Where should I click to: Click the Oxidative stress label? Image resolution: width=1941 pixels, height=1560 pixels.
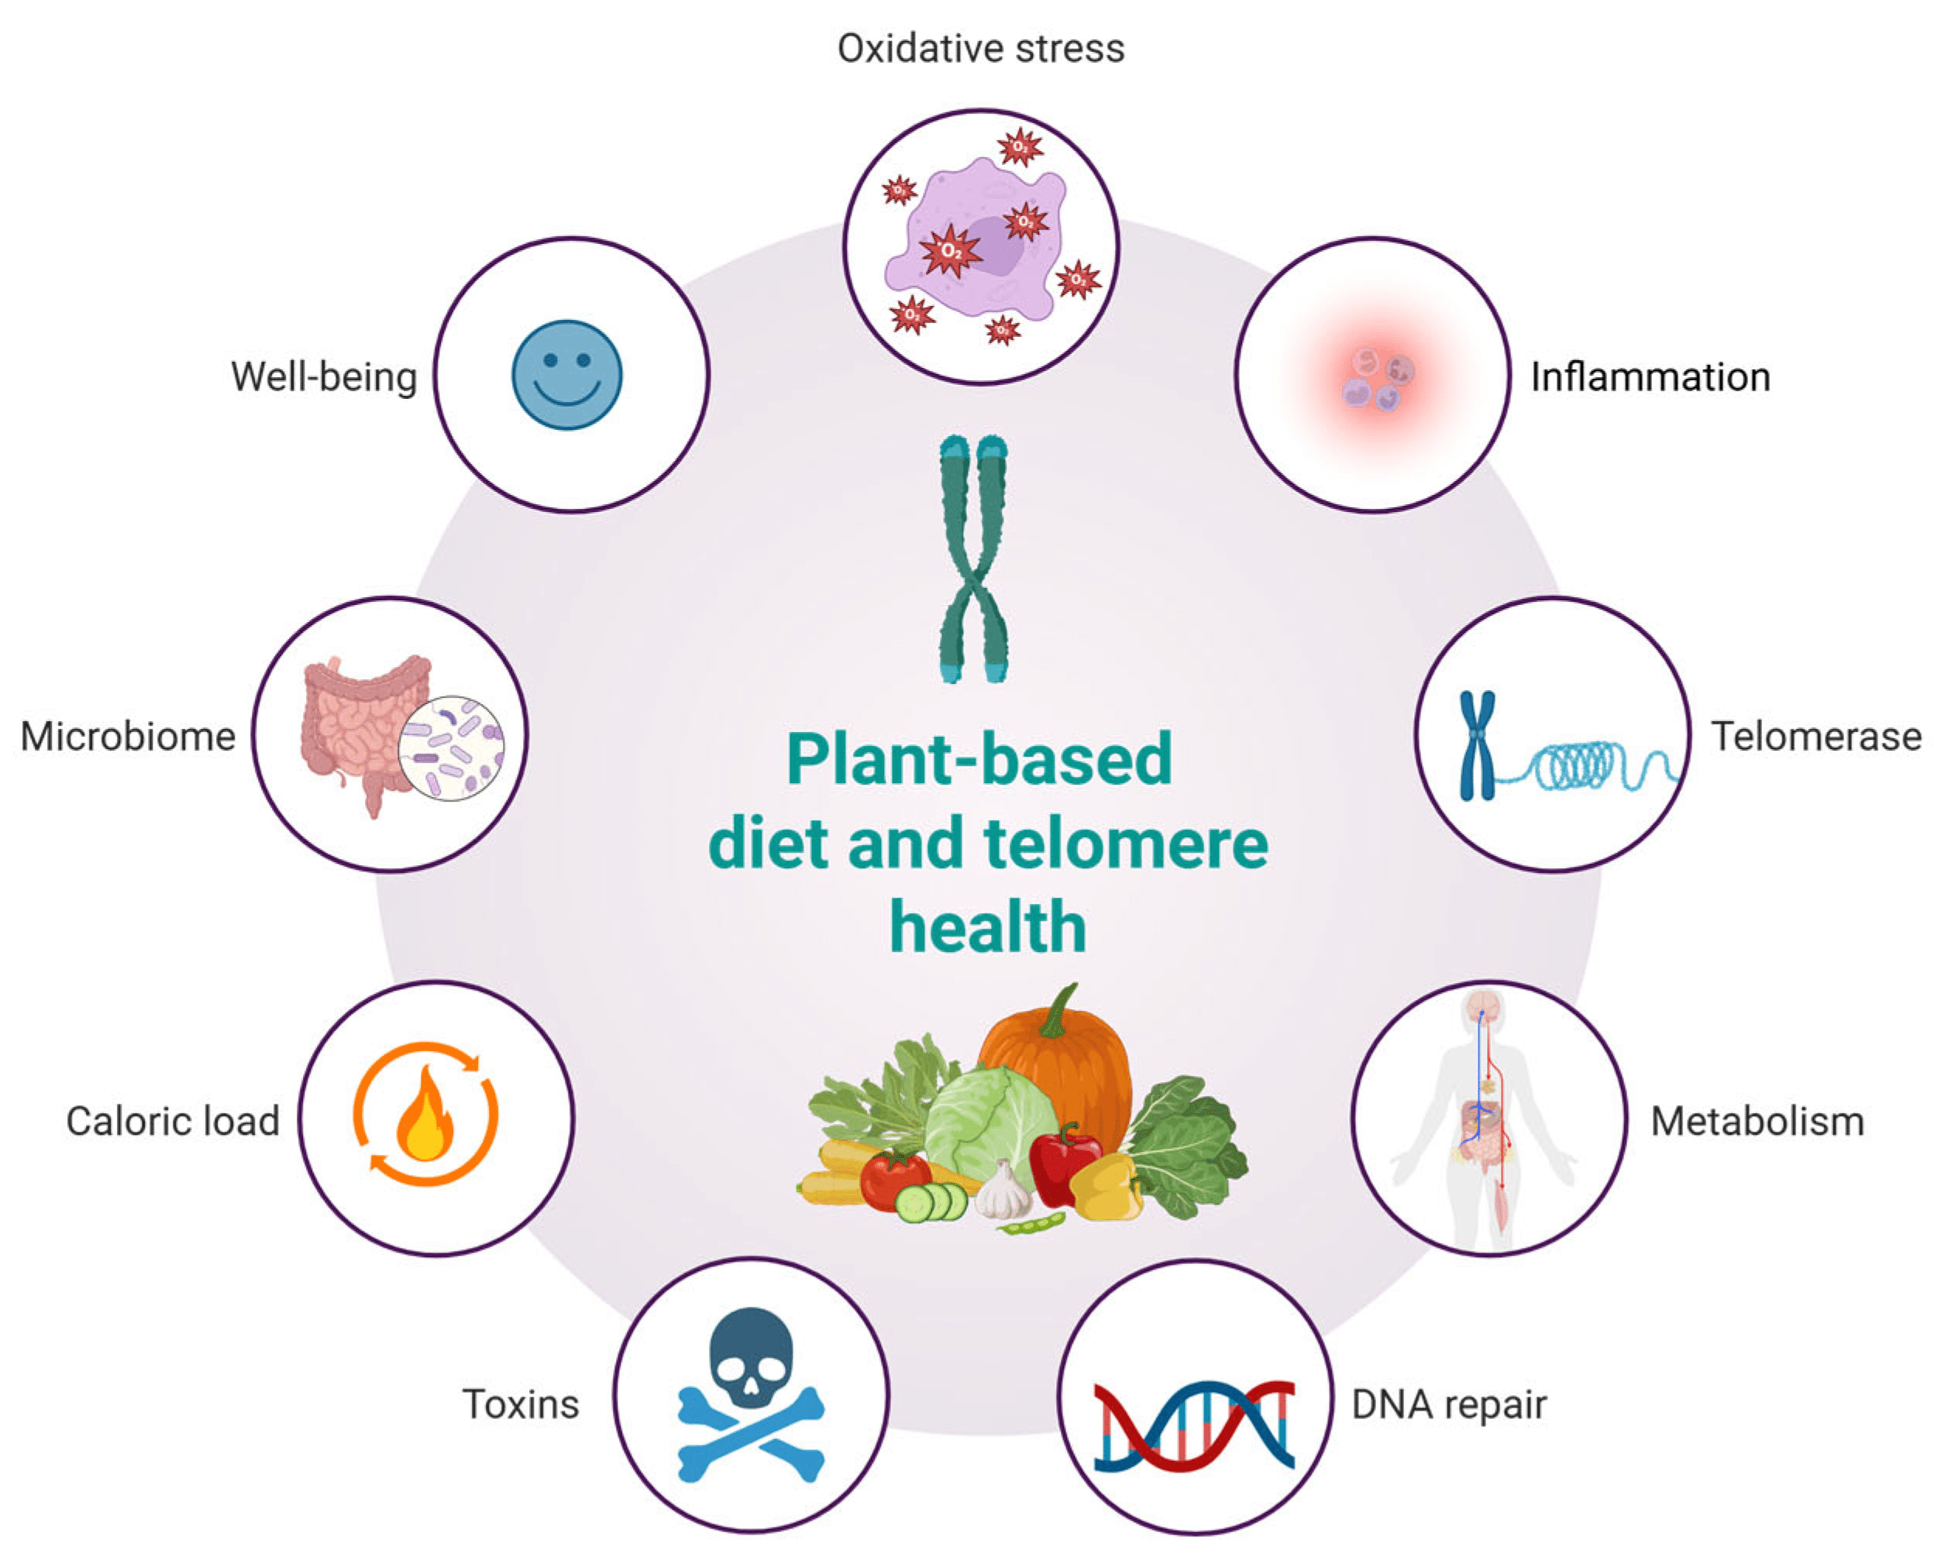pyautogui.click(x=980, y=49)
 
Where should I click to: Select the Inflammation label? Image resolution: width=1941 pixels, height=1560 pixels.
pyautogui.click(x=1650, y=377)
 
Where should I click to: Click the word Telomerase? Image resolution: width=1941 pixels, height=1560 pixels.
pyautogui.click(x=1815, y=737)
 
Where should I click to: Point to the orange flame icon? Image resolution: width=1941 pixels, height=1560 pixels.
pyautogui.click(x=425, y=1116)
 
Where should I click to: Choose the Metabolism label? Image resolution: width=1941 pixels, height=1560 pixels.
pyautogui.click(x=1757, y=1122)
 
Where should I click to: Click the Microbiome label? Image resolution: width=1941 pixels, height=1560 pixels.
pyautogui.click(x=128, y=737)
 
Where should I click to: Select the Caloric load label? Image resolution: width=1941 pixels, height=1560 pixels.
pyautogui.click(x=172, y=1122)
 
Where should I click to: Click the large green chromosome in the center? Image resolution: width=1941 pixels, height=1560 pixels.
pyautogui.click(x=973, y=558)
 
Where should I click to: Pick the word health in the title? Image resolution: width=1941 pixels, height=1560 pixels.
pyautogui.click(x=988, y=927)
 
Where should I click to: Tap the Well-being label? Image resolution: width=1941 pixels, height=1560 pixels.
pyautogui.click(x=324, y=377)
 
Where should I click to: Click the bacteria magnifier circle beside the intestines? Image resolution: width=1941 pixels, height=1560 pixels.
pyautogui.click(x=451, y=748)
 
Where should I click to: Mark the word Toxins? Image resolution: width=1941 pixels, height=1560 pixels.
pyautogui.click(x=521, y=1404)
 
